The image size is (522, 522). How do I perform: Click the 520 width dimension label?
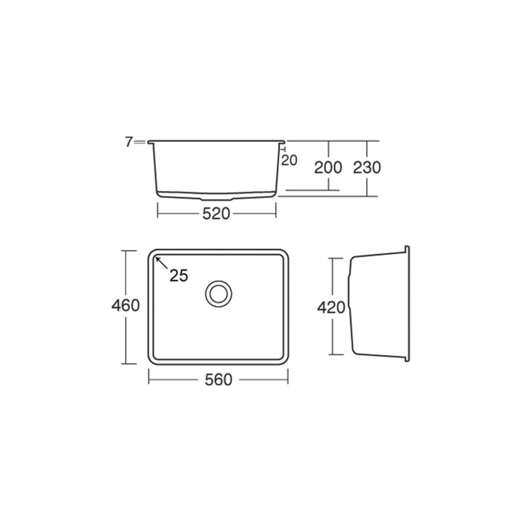216,214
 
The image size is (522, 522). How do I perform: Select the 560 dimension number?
218,379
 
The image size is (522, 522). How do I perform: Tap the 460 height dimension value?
125,305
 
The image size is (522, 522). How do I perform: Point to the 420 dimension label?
331,307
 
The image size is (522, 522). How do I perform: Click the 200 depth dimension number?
328,168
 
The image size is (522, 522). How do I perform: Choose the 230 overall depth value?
367,168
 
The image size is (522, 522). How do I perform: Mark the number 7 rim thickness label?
129,142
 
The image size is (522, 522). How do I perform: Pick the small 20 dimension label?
290,160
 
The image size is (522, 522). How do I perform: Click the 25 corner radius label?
179,275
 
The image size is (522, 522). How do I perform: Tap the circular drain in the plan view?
219,293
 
